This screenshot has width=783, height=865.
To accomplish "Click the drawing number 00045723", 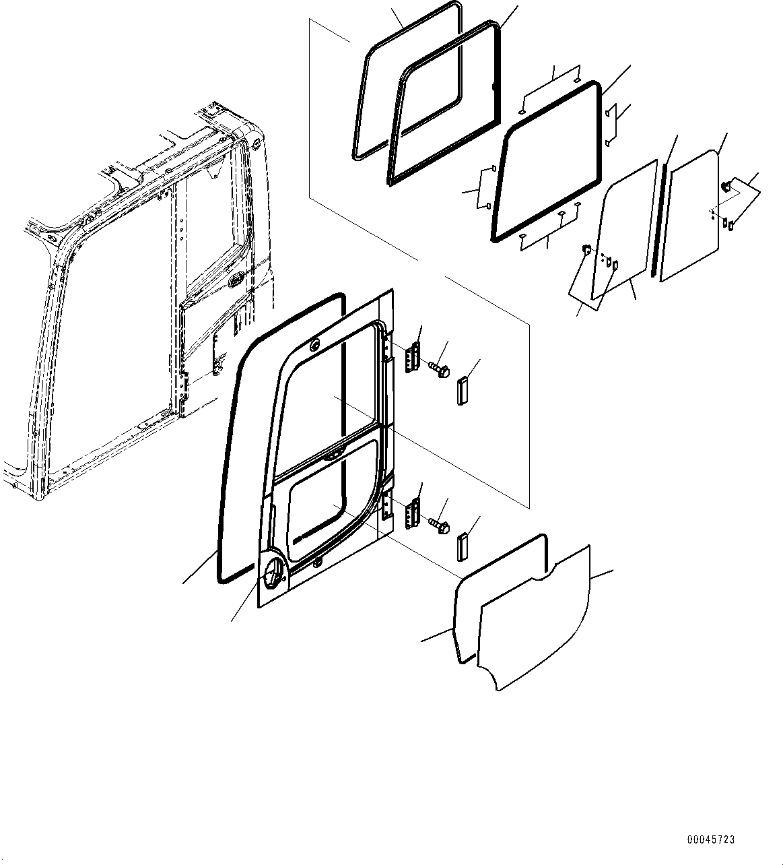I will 711,840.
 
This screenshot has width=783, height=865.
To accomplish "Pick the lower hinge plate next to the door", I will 412,514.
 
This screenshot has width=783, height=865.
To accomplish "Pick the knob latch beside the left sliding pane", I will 585,251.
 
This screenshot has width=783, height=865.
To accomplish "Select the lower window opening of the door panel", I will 330,499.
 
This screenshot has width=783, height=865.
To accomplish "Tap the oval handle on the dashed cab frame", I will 237,280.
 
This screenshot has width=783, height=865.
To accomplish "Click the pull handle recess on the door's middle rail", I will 332,457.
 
